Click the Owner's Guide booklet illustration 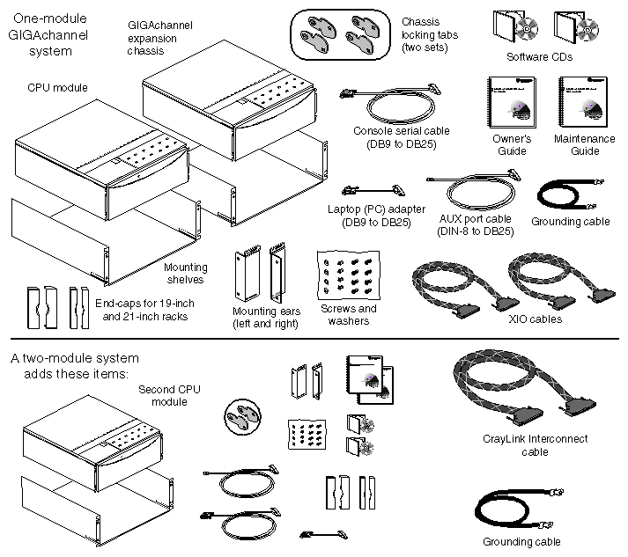coord(511,104)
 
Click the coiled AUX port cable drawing coord(473,190)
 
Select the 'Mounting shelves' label coord(186,273)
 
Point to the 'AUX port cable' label coord(475,224)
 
